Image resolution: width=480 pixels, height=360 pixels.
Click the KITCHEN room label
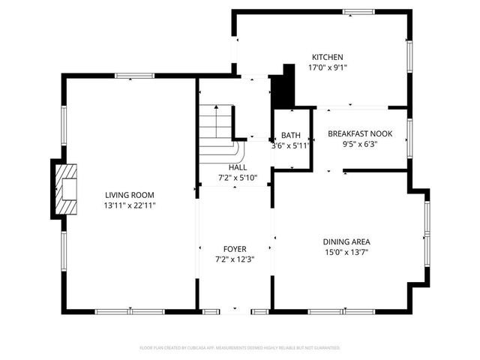(328, 57)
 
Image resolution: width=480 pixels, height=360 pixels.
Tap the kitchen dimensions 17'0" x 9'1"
(328, 67)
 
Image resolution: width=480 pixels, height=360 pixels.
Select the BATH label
(291, 136)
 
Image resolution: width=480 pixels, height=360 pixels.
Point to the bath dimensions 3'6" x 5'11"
(290, 145)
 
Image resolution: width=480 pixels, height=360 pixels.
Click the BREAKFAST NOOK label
(357, 134)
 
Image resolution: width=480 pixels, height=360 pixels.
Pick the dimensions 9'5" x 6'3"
(359, 145)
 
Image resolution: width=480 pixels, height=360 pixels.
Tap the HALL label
(238, 167)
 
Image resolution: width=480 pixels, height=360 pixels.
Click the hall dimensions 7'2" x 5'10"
(238, 178)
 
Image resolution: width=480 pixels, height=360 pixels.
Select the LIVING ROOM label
(130, 194)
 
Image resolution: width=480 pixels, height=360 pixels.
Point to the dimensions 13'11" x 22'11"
(130, 205)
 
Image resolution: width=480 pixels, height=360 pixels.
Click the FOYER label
(235, 249)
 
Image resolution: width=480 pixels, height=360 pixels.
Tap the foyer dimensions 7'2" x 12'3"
(235, 259)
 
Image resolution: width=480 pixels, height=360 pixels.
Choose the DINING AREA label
(346, 241)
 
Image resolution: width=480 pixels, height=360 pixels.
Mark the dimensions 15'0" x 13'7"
(346, 253)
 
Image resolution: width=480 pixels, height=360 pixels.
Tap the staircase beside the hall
(216, 124)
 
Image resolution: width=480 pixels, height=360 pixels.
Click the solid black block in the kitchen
(283, 88)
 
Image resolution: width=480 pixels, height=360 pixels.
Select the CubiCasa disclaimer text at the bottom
(240, 348)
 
